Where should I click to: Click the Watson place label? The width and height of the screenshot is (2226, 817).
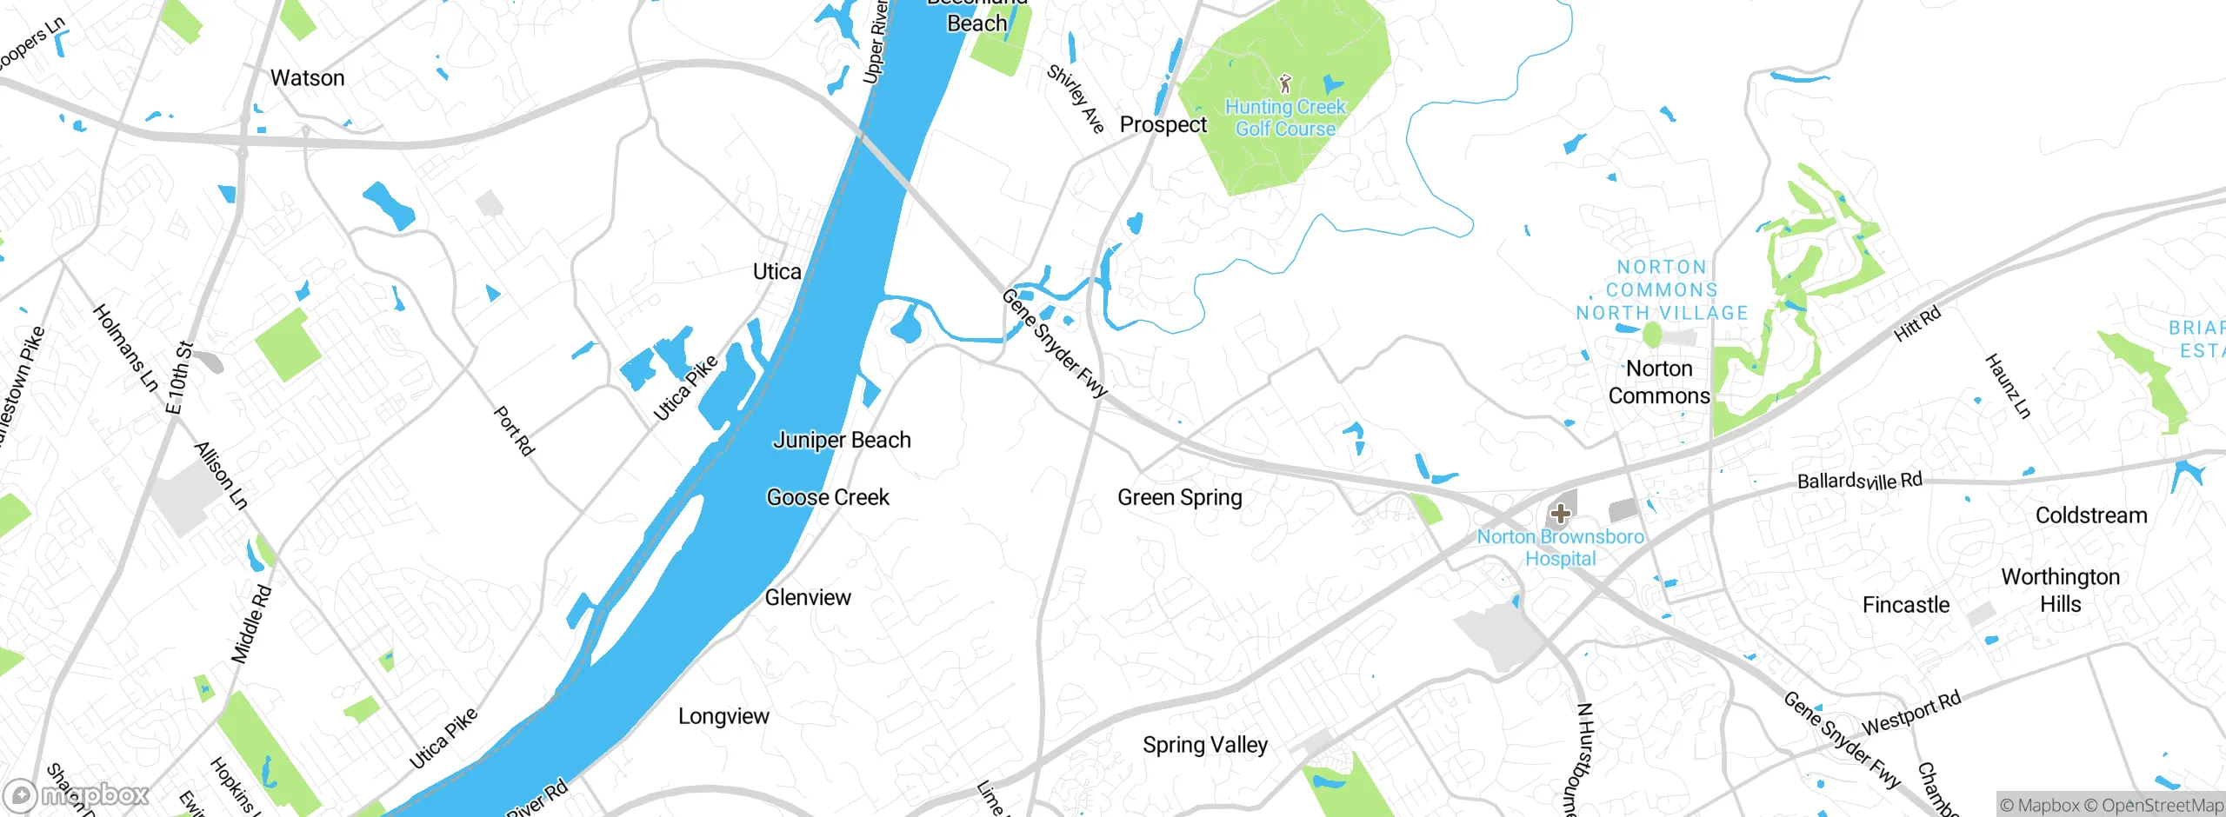(x=308, y=78)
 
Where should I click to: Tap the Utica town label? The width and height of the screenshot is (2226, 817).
(x=776, y=272)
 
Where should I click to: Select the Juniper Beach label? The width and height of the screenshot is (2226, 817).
(x=841, y=441)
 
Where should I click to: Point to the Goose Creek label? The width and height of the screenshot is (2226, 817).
(x=827, y=498)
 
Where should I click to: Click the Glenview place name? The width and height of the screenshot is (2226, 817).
(x=807, y=598)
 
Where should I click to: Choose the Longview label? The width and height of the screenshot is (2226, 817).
(x=723, y=717)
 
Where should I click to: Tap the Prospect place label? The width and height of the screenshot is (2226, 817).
(x=1163, y=125)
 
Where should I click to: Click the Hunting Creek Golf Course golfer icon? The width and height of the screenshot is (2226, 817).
(x=1285, y=83)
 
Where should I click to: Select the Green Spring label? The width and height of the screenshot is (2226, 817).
(x=1179, y=498)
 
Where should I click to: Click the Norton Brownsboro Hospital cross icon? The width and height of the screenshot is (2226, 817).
(x=1560, y=514)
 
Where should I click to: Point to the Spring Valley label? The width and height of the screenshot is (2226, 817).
(x=1204, y=746)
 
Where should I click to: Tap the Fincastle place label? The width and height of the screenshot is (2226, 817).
(x=1905, y=606)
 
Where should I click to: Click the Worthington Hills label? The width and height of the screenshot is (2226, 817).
(x=2060, y=591)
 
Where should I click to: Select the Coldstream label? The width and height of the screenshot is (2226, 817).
(x=2090, y=516)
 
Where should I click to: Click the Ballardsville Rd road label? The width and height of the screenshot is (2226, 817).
(x=1859, y=481)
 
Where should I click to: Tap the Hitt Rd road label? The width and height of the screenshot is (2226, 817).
(x=1916, y=324)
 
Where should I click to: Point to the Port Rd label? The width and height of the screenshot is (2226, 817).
(x=513, y=431)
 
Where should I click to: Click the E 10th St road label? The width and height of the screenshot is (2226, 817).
(x=178, y=378)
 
